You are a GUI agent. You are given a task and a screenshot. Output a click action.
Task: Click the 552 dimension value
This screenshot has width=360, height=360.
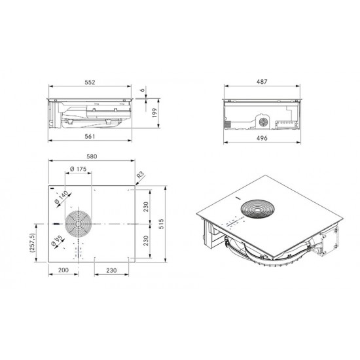click(x=90, y=82)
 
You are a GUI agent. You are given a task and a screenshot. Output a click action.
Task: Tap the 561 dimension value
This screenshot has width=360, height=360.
click(x=90, y=136)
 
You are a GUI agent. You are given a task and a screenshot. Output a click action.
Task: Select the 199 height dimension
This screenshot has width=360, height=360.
click(x=154, y=113)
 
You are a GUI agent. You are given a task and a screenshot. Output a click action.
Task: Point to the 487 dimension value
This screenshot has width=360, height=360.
click(x=262, y=82)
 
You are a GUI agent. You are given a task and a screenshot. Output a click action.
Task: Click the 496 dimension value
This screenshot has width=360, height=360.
click(x=262, y=138)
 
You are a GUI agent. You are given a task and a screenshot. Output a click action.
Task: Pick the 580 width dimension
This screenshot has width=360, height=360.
click(x=92, y=156)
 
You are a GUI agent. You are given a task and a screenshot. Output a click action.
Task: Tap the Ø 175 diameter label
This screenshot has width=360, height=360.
click(x=79, y=169)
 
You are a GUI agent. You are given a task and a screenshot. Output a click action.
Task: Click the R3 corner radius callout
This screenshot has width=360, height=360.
click(x=140, y=175)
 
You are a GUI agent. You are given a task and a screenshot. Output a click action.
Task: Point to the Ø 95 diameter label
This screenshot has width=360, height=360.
click(x=56, y=241)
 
